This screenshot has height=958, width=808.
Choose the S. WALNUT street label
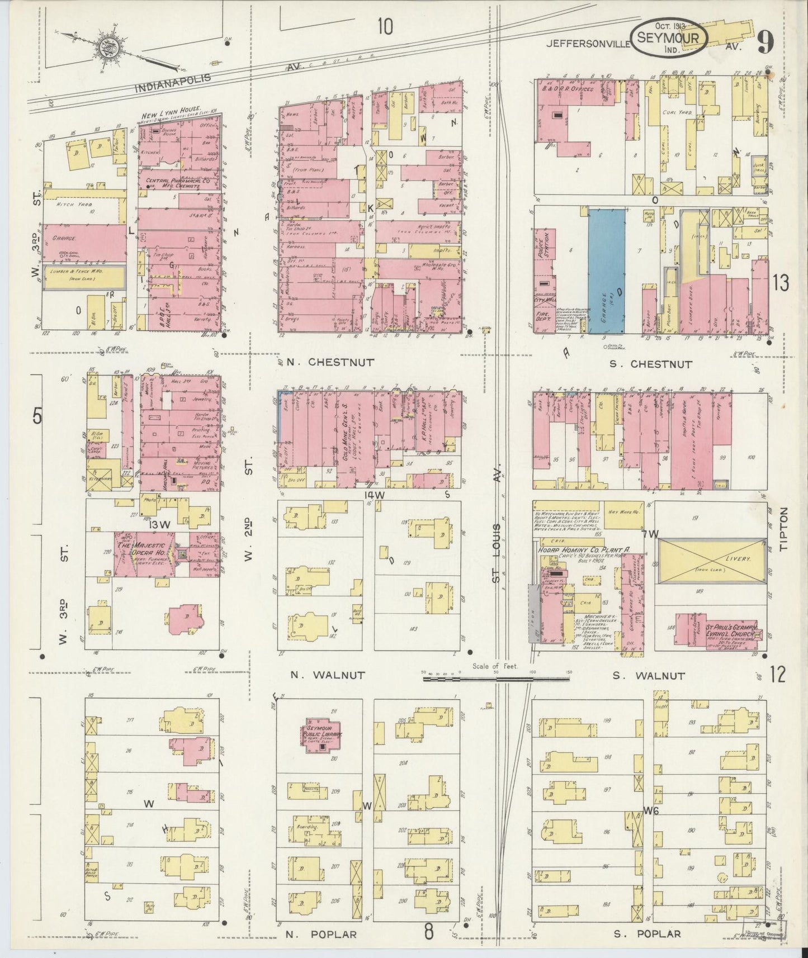pos(648,676)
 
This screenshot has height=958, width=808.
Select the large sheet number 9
pos(766,43)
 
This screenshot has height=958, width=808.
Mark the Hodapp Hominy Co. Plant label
pos(584,550)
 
